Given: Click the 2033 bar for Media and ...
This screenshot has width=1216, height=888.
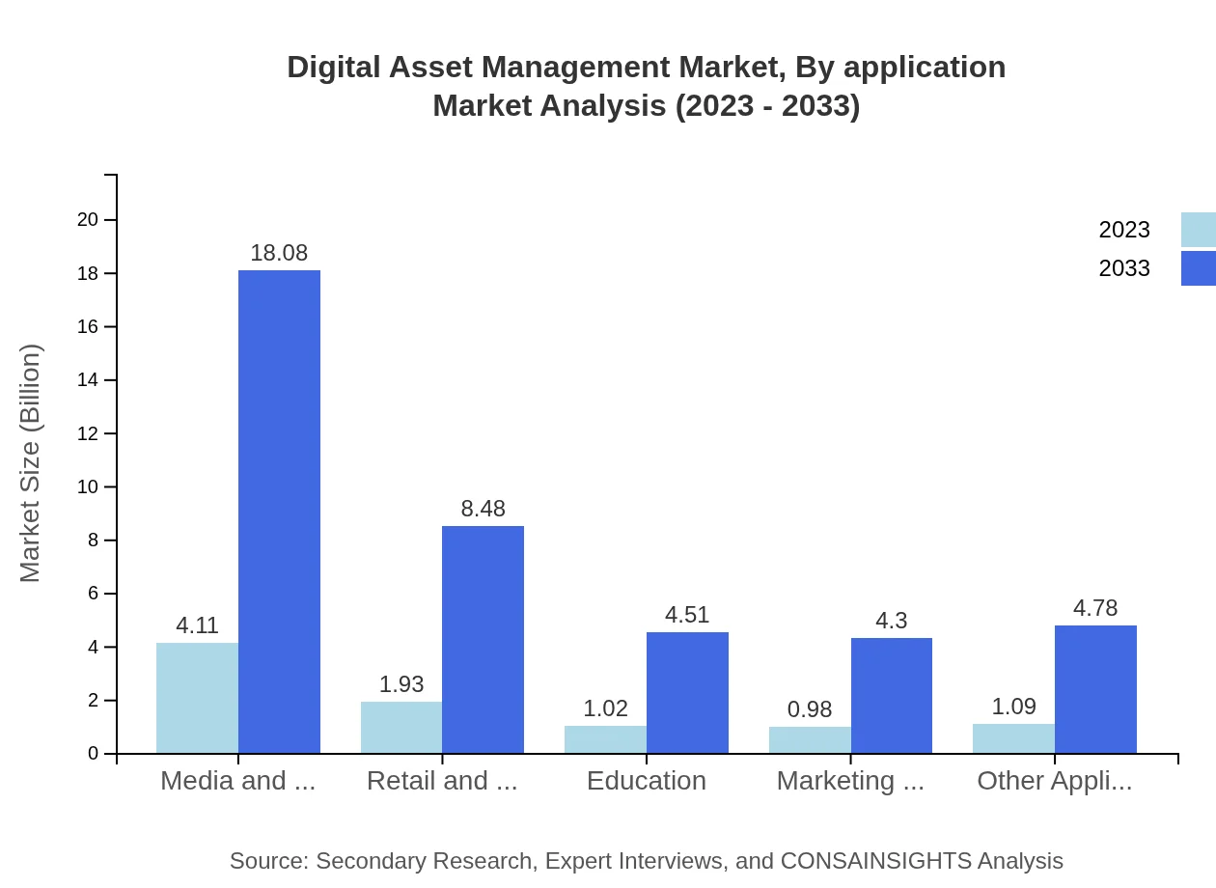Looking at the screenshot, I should (279, 512).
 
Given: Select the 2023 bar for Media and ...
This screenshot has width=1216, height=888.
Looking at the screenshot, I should (197, 698).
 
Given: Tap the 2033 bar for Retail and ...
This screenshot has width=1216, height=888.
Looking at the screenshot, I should (483, 639).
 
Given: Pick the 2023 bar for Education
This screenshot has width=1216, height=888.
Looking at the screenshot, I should (605, 739).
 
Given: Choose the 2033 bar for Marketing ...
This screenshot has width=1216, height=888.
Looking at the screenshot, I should (892, 695).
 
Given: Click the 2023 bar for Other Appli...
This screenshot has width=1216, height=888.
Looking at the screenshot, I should (1013, 738).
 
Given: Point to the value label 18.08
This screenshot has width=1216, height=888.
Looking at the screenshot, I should (279, 253).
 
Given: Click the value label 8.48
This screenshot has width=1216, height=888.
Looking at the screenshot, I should (483, 509).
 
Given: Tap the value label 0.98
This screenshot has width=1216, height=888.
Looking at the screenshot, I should (810, 709).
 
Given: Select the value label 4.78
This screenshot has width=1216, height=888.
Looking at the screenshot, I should (1095, 608).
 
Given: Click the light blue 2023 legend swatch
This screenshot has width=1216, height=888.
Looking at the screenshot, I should (1198, 230).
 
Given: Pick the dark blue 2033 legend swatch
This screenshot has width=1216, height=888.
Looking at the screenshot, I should (1198, 268).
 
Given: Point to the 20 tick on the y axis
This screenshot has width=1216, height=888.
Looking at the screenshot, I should (88, 220).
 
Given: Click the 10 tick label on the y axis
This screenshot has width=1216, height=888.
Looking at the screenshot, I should (88, 486).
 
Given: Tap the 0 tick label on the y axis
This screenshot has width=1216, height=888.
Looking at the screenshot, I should (94, 754).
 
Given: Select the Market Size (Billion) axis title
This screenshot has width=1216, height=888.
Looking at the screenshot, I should (31, 463).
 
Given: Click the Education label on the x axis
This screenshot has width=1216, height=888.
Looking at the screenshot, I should (647, 781).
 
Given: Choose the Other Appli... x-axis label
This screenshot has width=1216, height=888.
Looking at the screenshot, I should (1055, 781).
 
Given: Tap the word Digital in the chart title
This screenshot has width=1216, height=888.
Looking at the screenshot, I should (333, 68).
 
